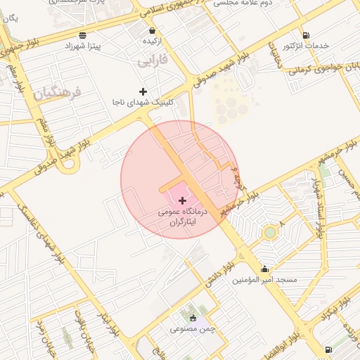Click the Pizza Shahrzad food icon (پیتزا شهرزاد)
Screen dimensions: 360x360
tap(83, 34)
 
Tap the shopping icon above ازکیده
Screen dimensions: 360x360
tap(153, 31)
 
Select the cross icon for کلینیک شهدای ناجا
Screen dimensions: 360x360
tap(143, 91)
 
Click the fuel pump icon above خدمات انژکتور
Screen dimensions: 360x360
tap(305, 35)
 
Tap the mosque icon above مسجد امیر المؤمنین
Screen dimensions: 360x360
tap(264, 269)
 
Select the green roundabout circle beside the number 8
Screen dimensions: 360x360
tap(270, 232)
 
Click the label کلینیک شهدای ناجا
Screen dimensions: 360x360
tap(141, 102)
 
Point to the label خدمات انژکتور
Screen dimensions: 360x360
tap(305, 46)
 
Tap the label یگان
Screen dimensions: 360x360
tap(9, 18)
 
